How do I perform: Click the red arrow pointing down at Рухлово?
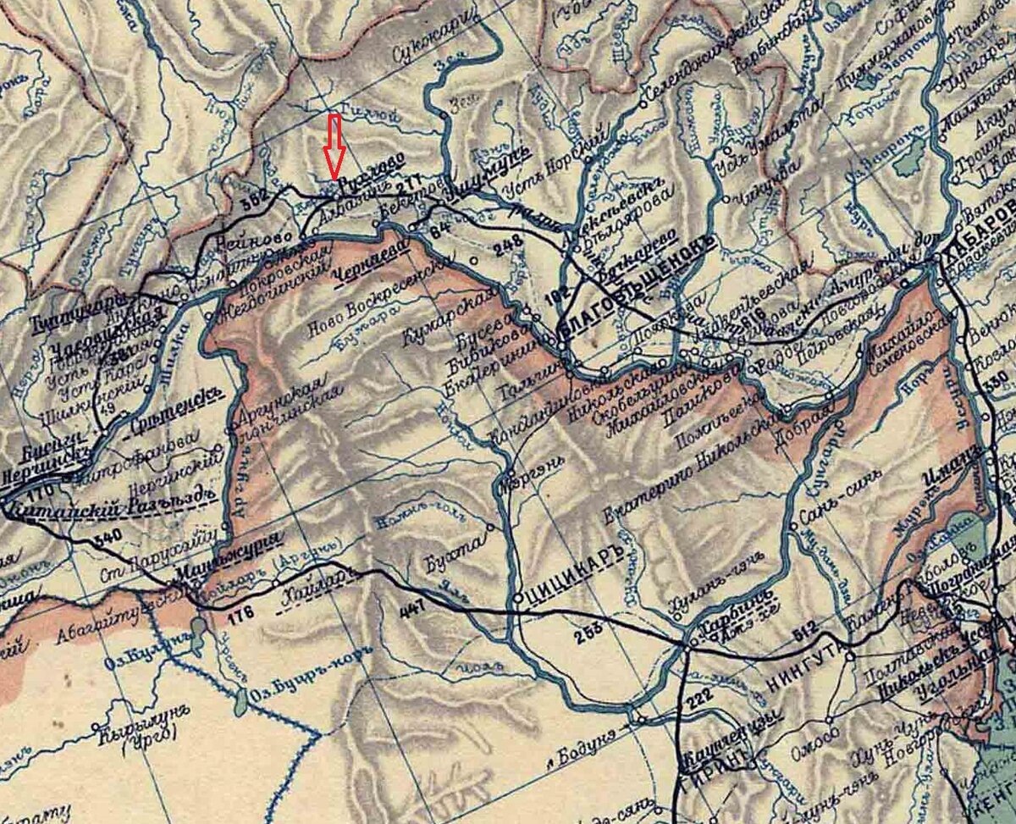click(335, 146)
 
